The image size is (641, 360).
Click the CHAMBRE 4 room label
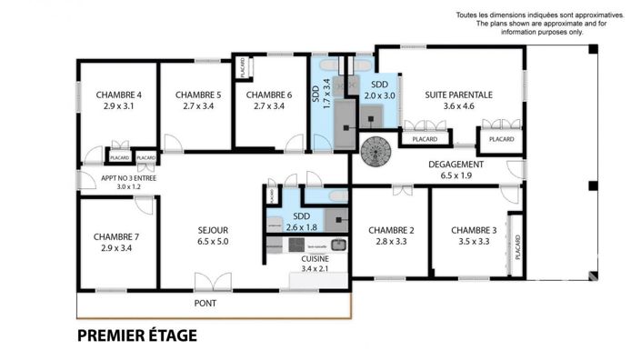click(118, 95)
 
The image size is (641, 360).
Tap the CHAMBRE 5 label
click(197, 95)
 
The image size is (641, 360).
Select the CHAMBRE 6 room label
click(268, 95)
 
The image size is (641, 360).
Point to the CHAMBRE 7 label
click(115, 236)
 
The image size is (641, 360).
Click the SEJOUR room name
click(212, 230)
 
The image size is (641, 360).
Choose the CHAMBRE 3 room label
click(474, 230)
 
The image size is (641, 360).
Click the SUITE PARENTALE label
click(458, 94)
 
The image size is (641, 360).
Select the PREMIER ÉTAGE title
click(136, 335)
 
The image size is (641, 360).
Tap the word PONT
click(206, 303)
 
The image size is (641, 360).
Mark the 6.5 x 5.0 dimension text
click(212, 243)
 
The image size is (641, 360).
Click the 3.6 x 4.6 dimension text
click(458, 106)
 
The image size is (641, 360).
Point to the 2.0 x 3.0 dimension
click(380, 95)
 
